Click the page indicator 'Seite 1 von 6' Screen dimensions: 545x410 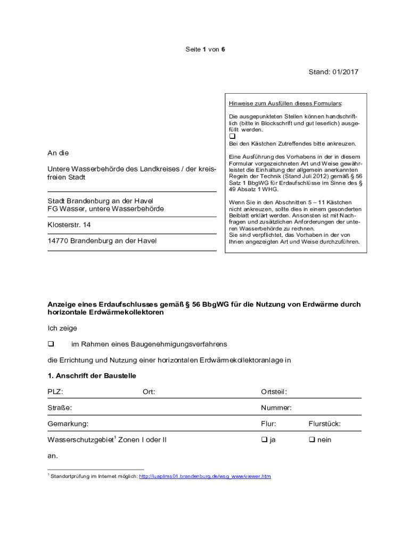click(205, 49)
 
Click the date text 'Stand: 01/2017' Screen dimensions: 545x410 click(333, 72)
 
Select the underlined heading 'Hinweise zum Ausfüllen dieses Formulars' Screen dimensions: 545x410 click(285, 103)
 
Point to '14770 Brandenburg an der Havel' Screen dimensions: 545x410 click(102, 241)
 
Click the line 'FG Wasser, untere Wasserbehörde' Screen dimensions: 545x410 click(105, 209)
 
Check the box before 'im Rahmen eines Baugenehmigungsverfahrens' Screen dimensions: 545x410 click(51, 344)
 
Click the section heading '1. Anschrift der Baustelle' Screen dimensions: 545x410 click(92, 376)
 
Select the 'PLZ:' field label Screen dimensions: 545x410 click(55, 392)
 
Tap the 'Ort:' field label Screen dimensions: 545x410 click(149, 392)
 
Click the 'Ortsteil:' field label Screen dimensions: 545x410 click(274, 392)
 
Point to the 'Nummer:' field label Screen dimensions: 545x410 click(276, 408)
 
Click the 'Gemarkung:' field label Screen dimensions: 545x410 click(68, 424)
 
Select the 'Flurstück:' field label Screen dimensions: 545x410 click(324, 424)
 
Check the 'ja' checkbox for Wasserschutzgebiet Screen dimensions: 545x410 click(264, 440)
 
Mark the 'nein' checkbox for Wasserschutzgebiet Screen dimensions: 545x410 click(311, 440)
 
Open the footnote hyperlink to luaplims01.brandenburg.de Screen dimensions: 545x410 click(204, 476)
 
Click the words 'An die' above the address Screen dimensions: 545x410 click(58, 153)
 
